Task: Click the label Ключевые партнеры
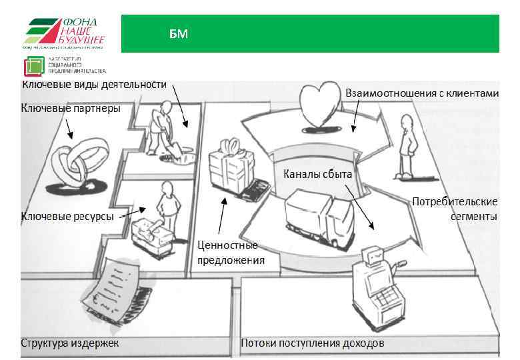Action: pyautogui.click(x=71, y=109)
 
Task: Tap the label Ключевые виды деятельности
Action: pyautogui.click(x=93, y=85)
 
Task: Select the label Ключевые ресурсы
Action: pyautogui.click(x=67, y=217)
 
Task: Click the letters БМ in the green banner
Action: pyautogui.click(x=178, y=34)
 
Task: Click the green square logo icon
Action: pyautogui.click(x=33, y=67)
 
